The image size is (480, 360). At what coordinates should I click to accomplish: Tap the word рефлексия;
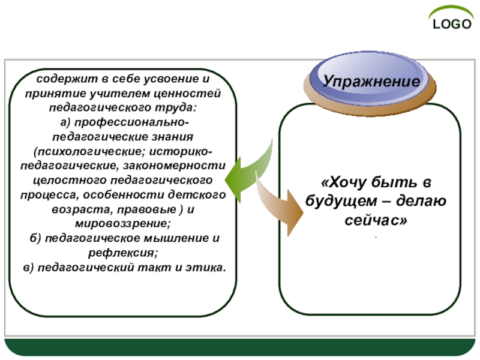coord(124,253)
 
